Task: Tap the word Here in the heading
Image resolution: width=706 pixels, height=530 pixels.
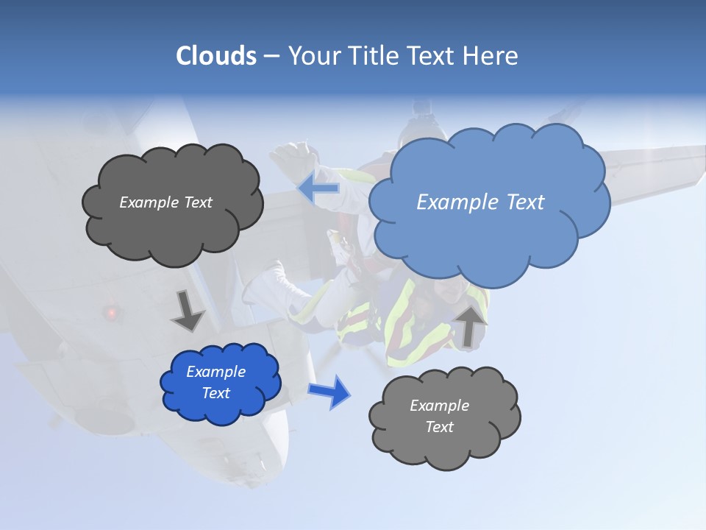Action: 492,56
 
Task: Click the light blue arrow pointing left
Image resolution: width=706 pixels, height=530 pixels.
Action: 318,189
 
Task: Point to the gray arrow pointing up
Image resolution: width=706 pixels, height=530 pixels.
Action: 470,325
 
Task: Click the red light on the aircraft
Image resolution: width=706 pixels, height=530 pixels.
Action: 111,313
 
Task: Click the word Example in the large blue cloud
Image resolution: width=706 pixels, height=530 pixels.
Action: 451,202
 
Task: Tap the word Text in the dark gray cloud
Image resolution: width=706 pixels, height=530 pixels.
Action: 196,202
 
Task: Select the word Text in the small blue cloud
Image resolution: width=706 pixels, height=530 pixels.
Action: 216,393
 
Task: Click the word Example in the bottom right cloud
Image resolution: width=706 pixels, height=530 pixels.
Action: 439,406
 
